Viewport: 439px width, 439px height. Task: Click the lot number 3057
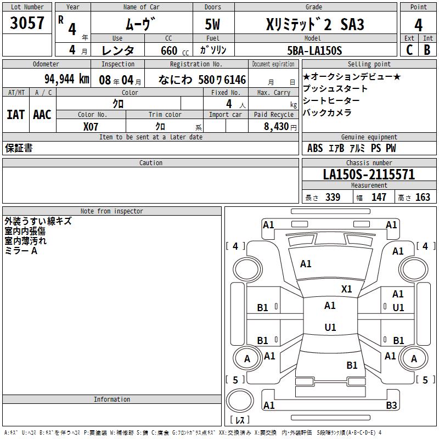click(x=27, y=23)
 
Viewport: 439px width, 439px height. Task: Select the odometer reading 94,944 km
click(x=66, y=79)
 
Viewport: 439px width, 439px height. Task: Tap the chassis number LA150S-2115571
click(x=369, y=175)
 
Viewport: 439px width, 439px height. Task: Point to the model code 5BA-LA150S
click(x=314, y=50)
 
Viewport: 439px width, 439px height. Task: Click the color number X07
click(x=91, y=126)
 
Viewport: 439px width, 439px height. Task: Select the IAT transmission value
click(x=15, y=115)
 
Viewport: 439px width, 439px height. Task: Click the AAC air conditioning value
click(x=42, y=115)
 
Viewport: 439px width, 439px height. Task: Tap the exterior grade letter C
click(x=409, y=50)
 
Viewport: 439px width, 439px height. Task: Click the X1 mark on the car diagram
click(x=347, y=289)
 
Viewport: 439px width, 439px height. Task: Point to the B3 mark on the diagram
click(x=391, y=406)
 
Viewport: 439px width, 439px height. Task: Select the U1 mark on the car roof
click(x=330, y=328)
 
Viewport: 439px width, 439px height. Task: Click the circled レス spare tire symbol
click(x=239, y=401)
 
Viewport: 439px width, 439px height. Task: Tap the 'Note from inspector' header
click(x=111, y=211)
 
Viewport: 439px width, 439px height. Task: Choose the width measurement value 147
click(x=379, y=198)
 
